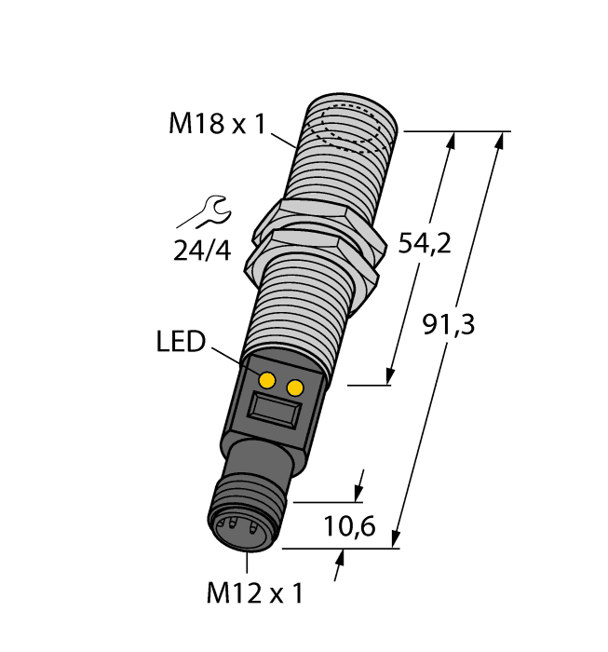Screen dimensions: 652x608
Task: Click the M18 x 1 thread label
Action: [215, 123]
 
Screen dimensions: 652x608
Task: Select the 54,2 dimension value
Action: [424, 244]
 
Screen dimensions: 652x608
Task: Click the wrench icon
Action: [202, 212]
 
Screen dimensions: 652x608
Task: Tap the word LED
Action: [180, 342]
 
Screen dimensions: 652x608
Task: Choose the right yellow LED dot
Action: [296, 387]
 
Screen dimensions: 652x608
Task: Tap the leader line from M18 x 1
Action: [282, 139]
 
